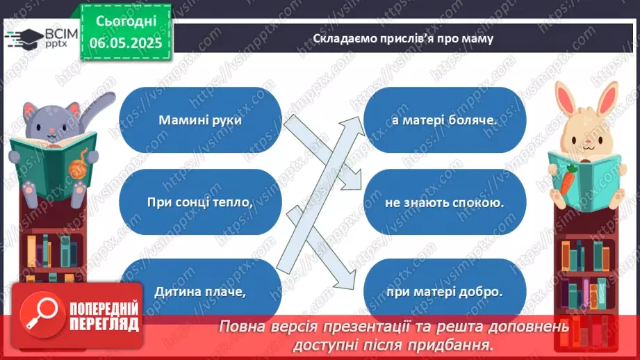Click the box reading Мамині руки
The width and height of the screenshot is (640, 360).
(199, 119)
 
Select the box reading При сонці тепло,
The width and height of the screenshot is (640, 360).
(199, 202)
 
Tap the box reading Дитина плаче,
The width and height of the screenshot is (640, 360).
(199, 292)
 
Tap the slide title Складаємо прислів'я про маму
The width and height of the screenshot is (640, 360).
(402, 38)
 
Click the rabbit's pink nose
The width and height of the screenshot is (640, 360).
(589, 139)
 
